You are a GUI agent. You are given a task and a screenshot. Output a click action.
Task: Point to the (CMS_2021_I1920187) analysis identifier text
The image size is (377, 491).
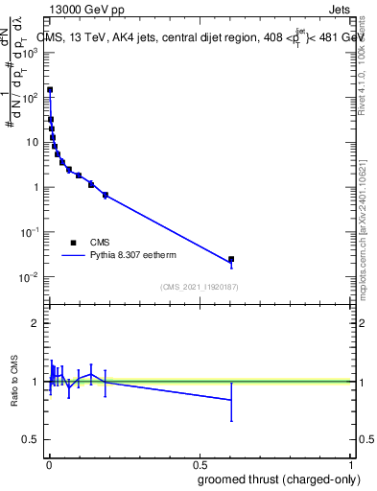click(x=199, y=287)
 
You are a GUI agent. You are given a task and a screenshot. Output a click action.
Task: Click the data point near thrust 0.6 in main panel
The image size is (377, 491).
click(x=231, y=259)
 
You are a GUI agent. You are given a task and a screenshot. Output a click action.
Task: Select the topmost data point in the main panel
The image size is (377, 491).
click(x=50, y=90)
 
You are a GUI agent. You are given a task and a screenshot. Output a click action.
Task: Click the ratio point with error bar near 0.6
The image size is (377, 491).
click(x=231, y=399)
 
